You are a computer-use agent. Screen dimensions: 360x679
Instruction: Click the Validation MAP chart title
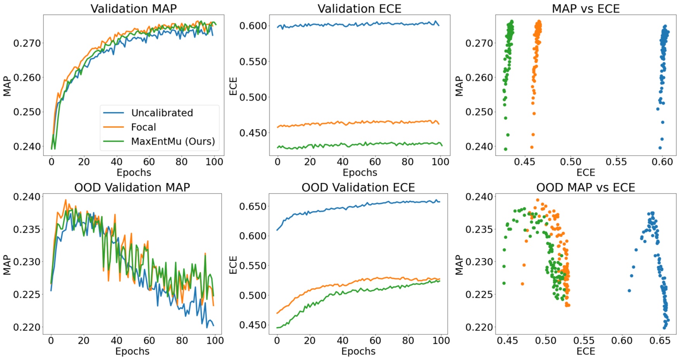133,9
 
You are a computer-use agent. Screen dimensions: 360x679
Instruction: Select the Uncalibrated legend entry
162,113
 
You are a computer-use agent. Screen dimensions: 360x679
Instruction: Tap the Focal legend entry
143,127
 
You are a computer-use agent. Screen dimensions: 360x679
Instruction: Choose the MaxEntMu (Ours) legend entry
172,141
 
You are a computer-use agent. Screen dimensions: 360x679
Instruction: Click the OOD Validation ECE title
358,188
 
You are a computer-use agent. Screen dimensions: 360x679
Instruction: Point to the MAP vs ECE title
585,9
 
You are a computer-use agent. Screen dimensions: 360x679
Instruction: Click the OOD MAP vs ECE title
585,188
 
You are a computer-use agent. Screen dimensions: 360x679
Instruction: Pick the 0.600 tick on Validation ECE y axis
253,26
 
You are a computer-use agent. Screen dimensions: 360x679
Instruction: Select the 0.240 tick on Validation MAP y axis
27,146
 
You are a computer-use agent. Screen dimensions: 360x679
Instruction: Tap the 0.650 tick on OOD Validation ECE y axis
253,207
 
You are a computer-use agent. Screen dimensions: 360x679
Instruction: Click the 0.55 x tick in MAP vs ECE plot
616,162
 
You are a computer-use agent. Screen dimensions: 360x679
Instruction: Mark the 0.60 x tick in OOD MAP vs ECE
622,341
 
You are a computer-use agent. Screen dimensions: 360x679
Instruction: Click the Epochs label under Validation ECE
360,172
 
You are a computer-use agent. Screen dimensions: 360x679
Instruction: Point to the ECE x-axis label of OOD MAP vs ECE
585,351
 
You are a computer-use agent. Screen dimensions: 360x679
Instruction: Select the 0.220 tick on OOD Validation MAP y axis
27,327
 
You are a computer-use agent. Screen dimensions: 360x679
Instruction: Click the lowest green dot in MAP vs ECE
505,149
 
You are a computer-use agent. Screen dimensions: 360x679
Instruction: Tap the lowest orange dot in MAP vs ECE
532,147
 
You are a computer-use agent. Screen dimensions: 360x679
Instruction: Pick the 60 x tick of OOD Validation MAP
149,341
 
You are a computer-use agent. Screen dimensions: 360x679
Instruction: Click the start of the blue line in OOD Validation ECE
277,230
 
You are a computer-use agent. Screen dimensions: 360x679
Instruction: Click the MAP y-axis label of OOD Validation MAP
7,265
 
